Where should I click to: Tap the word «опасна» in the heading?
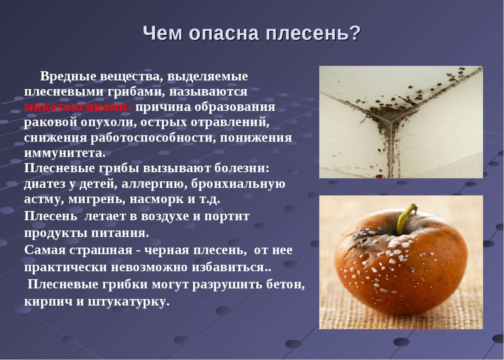click(x=227, y=34)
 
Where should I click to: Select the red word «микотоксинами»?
click(x=78, y=107)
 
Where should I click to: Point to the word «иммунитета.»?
click(x=65, y=153)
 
